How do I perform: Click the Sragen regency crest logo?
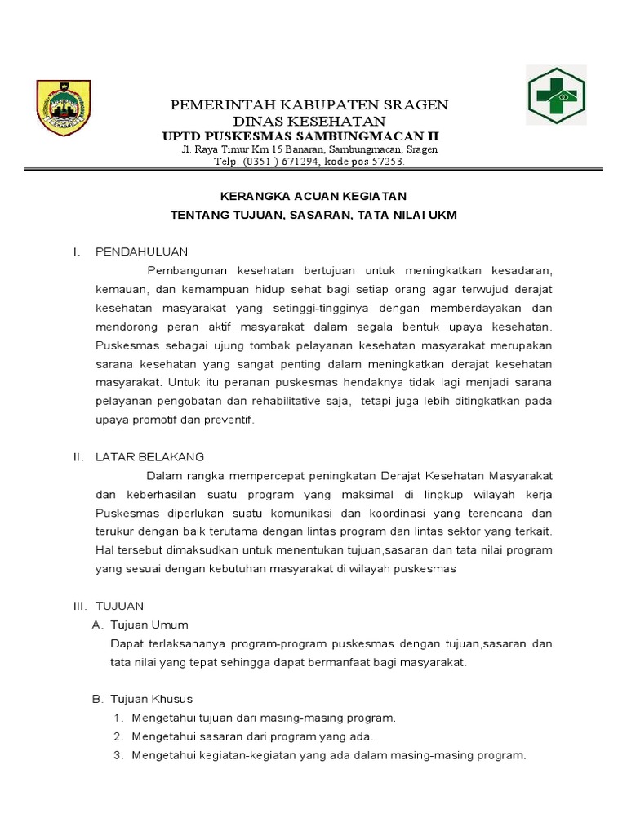click(64, 108)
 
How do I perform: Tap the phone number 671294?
click(298, 162)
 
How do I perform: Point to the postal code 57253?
click(384, 162)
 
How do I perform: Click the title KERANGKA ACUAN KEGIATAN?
click(314, 197)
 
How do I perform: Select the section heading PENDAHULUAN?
click(142, 251)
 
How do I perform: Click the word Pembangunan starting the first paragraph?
click(185, 270)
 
